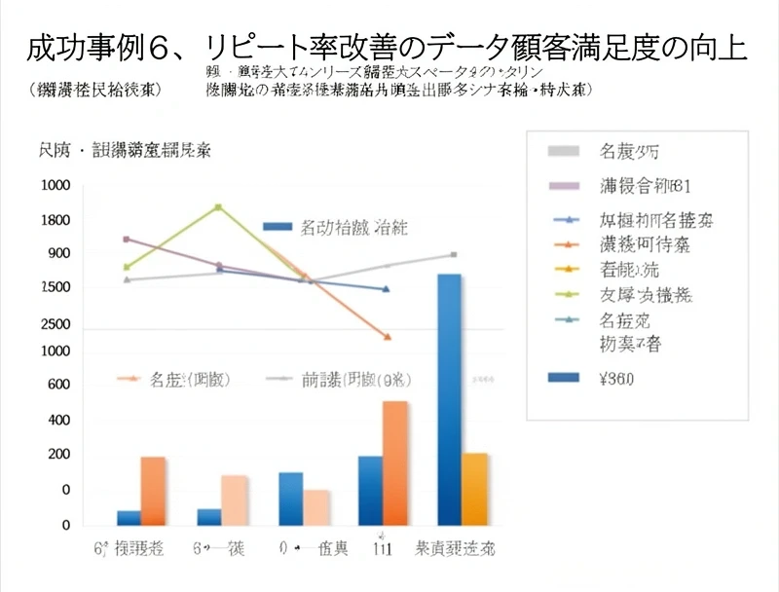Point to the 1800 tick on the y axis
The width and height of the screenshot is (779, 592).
point(56,220)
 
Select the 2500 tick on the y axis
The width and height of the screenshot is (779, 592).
point(56,323)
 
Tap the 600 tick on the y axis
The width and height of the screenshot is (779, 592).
point(58,385)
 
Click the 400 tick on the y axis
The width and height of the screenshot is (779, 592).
point(58,421)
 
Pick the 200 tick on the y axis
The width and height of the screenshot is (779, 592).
point(58,455)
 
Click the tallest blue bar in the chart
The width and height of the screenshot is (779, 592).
point(449,399)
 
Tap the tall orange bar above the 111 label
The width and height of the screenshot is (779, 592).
point(394,462)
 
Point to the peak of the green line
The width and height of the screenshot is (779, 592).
point(218,206)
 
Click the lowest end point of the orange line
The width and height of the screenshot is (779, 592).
point(388,337)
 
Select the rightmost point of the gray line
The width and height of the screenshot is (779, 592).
point(454,254)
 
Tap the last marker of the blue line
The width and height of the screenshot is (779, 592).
point(387,289)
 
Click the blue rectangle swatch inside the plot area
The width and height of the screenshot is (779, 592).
point(278,227)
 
